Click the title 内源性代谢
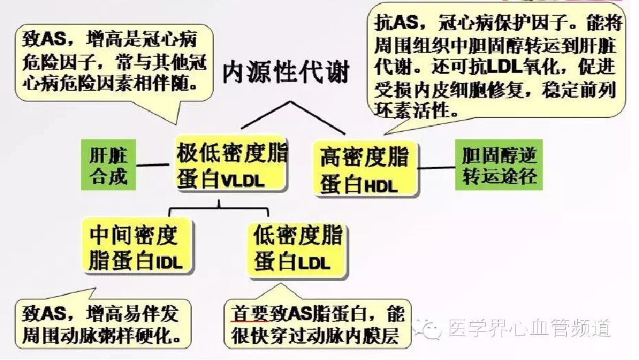tap(286, 73)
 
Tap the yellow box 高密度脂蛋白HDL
tap(365, 169)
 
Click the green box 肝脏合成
tap(108, 165)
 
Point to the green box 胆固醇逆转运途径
tap(499, 166)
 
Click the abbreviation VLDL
tap(242, 182)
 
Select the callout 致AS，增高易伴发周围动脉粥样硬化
tap(104, 325)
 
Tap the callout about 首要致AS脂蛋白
tap(317, 325)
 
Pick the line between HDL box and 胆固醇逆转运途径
tap(437, 168)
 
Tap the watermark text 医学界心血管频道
tap(529, 327)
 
